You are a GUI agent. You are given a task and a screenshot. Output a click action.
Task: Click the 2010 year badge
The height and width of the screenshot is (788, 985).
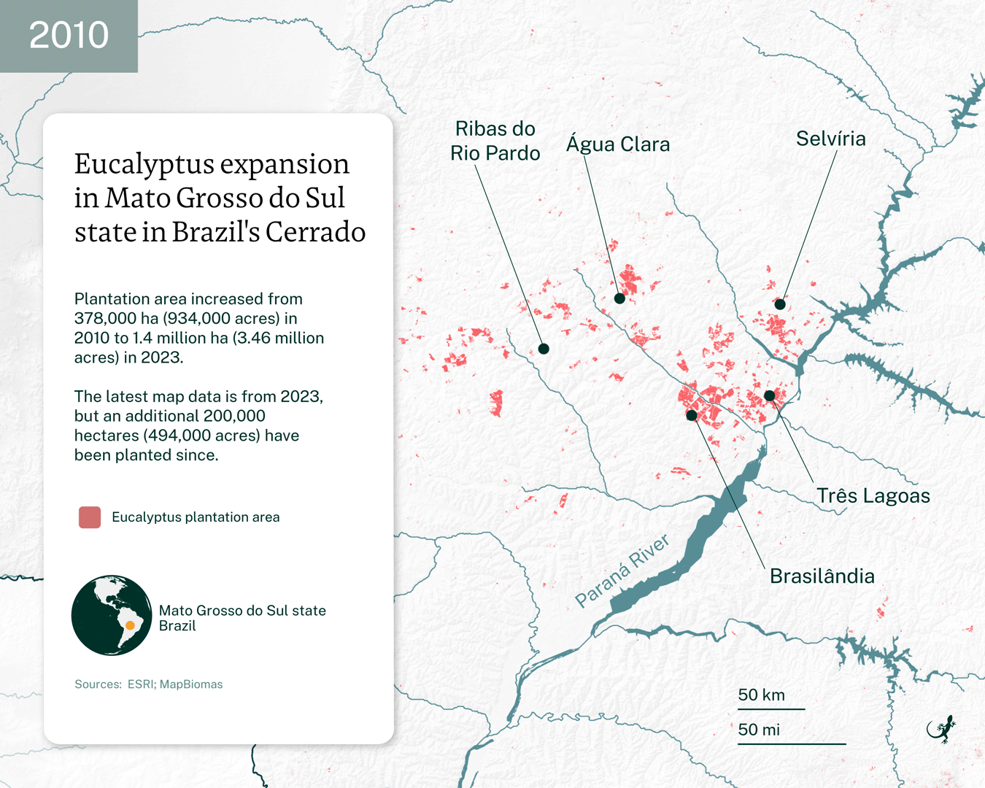[x=69, y=35]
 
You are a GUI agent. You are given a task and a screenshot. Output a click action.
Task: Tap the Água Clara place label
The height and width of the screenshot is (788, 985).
[x=618, y=144]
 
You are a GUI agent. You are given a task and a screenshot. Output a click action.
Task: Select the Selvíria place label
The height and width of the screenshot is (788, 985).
[x=830, y=139]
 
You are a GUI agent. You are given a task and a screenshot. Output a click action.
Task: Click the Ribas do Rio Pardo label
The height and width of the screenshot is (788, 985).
[x=495, y=141]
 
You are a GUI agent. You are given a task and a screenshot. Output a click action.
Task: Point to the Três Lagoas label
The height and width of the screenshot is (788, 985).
[x=873, y=496]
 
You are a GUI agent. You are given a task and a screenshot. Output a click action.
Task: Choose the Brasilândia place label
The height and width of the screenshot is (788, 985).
[x=822, y=576]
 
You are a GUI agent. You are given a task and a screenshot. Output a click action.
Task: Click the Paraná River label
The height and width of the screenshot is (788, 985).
[x=622, y=571]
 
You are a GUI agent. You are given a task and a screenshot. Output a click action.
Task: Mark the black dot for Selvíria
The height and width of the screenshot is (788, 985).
[x=780, y=304]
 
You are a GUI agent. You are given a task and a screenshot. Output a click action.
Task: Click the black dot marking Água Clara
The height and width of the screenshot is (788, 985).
[x=619, y=298]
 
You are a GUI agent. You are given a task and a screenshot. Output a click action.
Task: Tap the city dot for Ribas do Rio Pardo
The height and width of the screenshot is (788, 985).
[x=544, y=349]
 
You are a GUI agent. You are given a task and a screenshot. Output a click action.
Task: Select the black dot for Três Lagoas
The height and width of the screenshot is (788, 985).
[x=769, y=395]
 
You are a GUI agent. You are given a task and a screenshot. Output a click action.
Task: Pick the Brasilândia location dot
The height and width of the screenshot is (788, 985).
[x=691, y=415]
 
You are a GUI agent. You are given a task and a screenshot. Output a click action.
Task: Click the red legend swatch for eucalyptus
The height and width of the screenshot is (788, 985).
[x=90, y=517]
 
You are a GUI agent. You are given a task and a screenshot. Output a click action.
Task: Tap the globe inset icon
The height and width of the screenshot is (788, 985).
[x=111, y=615]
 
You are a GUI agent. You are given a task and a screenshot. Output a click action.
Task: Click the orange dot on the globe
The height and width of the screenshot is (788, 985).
[x=130, y=625]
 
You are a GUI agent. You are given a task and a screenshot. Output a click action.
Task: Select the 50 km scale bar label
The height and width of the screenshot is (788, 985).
[x=761, y=695]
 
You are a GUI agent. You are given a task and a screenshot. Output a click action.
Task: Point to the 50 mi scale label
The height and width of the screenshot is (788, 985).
[x=759, y=730]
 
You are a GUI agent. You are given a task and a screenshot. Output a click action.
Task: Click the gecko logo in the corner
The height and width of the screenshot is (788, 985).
[x=942, y=728]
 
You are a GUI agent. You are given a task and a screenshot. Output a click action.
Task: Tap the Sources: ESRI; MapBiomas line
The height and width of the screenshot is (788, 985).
[x=148, y=684]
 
